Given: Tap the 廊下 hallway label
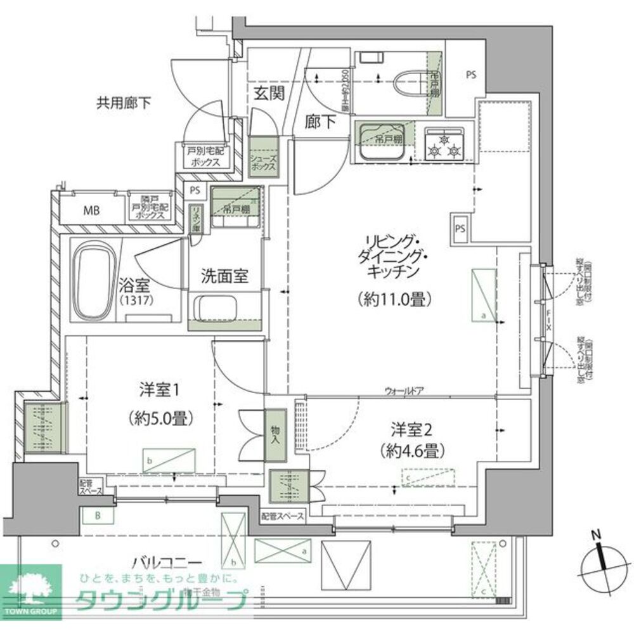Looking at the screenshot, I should click(x=321, y=122).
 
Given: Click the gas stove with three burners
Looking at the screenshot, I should click(x=445, y=144).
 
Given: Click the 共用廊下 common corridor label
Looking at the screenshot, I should click(x=124, y=102).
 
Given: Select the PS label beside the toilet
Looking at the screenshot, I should click(x=470, y=75).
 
